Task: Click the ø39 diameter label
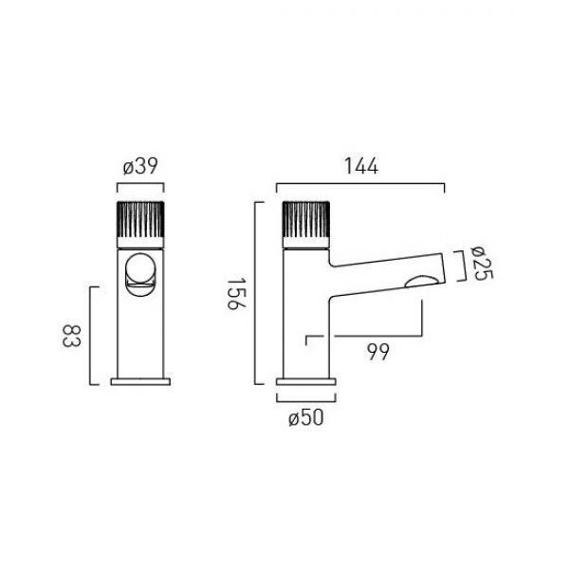coord(140,167)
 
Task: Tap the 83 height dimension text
coord(71,336)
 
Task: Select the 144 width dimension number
coord(360,167)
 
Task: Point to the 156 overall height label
coord(236,293)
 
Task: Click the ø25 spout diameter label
coord(482,263)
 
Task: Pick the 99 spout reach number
coord(378,352)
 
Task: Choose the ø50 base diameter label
coord(305,417)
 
